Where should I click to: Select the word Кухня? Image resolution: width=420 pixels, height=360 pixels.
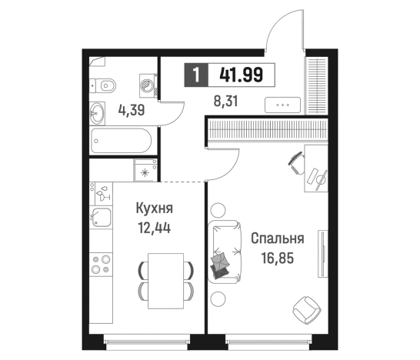tap(153, 208)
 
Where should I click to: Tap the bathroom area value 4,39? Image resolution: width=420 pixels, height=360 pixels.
tap(132, 109)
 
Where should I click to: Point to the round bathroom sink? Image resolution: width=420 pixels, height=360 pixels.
tap(98, 112)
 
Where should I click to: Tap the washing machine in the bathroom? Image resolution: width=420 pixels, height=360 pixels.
tap(145, 82)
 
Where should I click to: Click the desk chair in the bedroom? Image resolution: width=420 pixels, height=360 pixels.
tap(296, 161)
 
